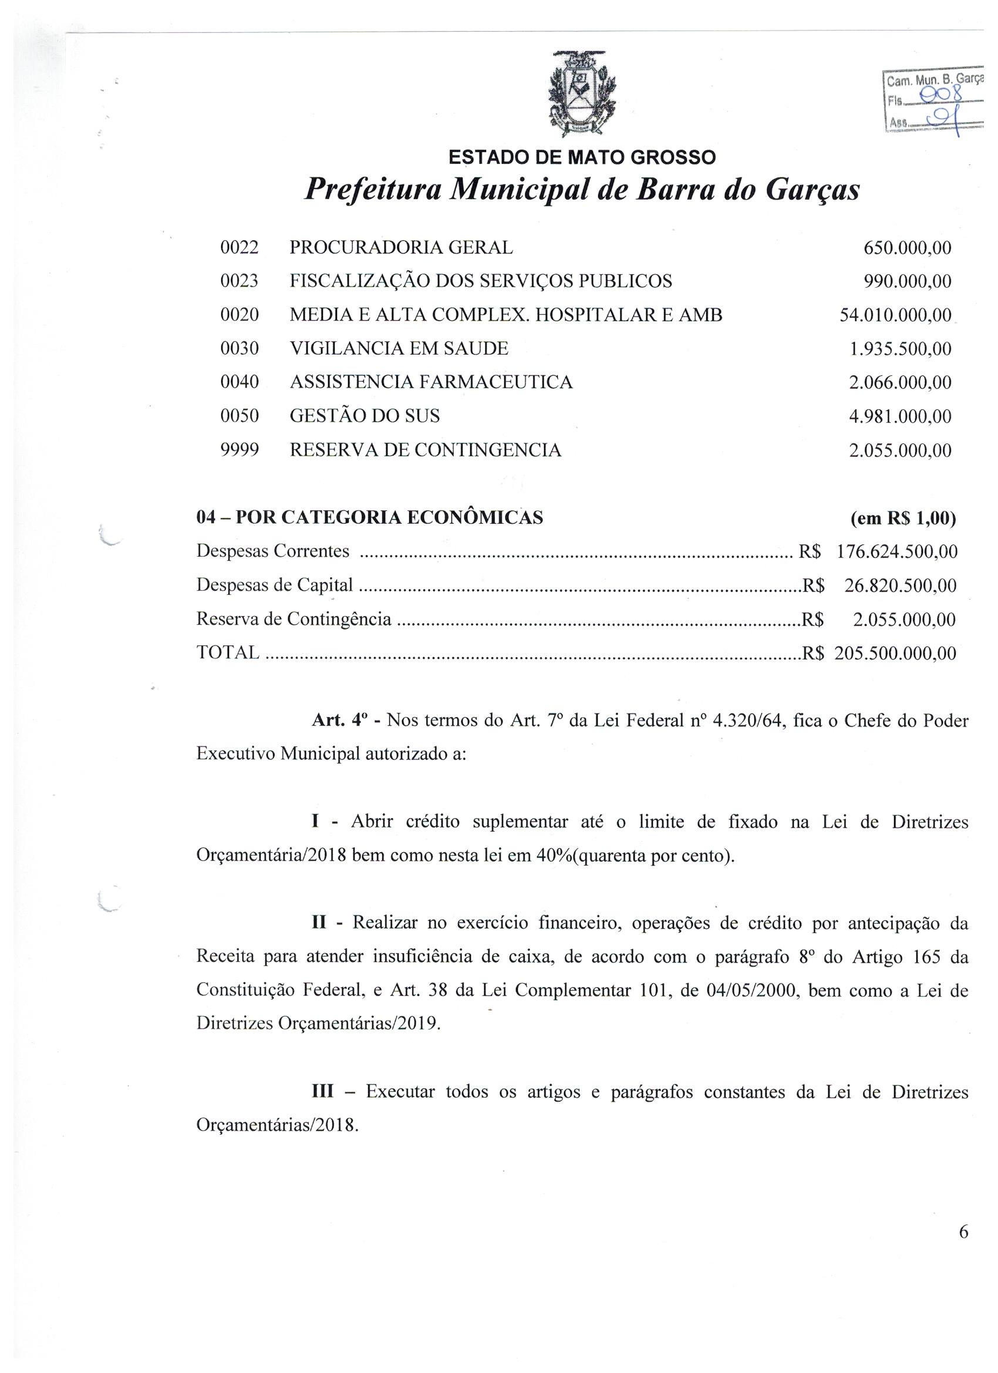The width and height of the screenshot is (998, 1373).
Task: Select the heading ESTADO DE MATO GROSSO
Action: [581, 157]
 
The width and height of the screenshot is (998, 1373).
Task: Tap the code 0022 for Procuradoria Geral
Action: [240, 248]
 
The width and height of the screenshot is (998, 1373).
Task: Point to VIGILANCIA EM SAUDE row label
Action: [399, 349]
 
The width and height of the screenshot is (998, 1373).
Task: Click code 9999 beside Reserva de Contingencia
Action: [240, 450]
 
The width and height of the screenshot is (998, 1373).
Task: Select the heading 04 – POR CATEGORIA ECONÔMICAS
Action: [370, 517]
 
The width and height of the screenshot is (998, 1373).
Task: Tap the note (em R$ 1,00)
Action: [903, 518]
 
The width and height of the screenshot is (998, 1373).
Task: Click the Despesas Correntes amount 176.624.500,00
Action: [896, 551]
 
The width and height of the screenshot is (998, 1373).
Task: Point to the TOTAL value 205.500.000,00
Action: [895, 653]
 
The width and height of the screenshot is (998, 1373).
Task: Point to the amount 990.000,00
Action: [907, 281]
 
